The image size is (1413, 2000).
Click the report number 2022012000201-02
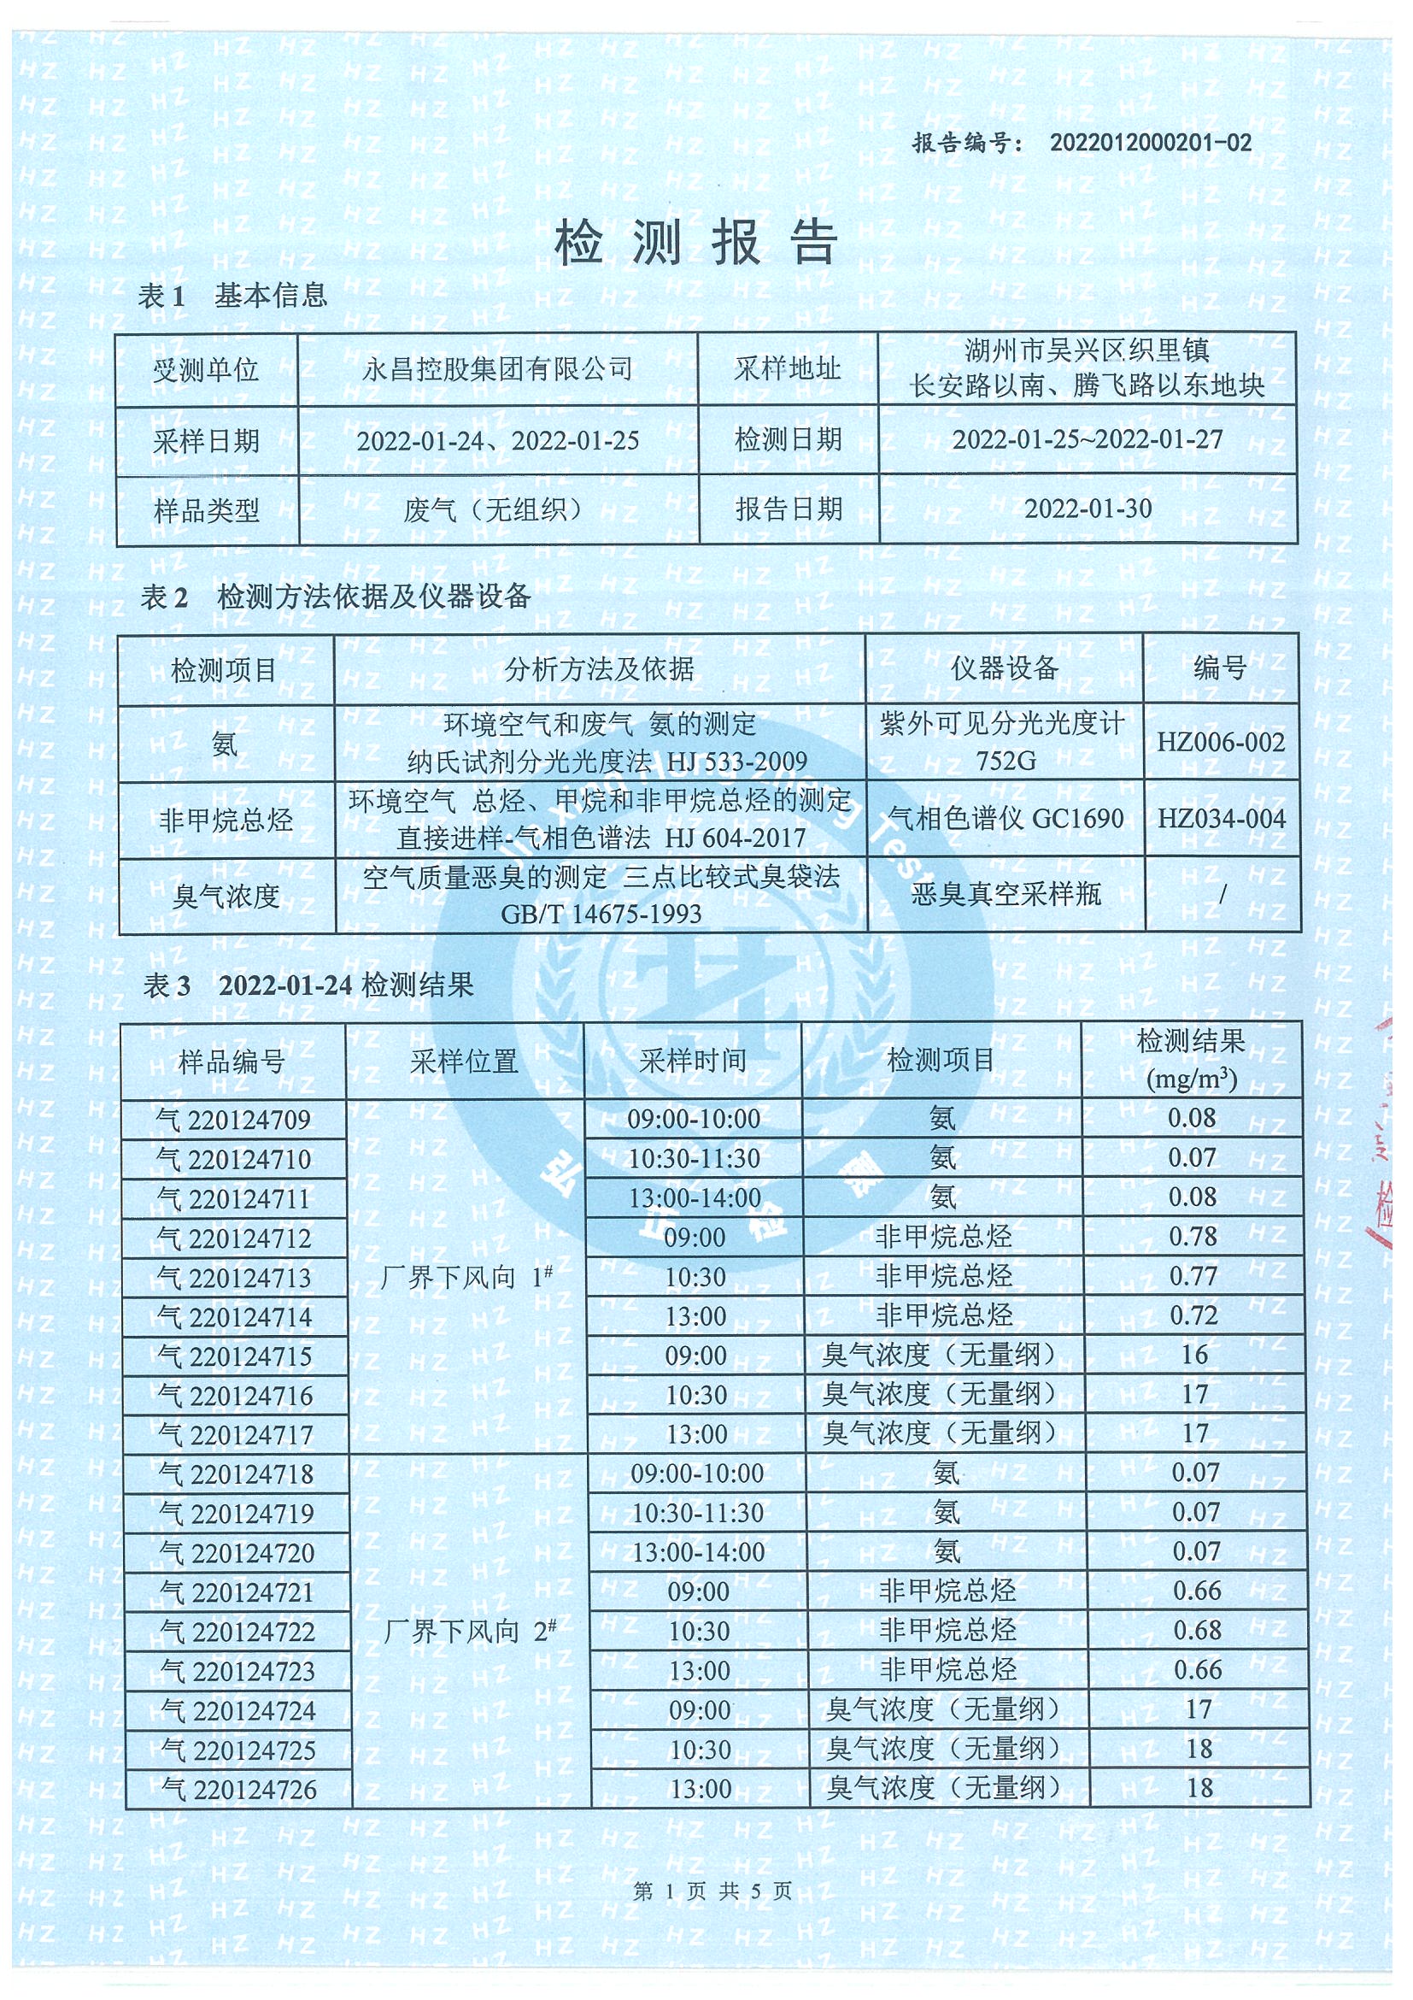(1150, 143)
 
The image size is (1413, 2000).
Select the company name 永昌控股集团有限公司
(497, 369)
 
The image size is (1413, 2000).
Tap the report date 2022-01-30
(1088, 509)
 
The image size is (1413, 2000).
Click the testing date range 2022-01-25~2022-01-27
(1088, 439)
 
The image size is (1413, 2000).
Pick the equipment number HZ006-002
(1221, 742)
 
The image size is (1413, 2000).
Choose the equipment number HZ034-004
(1221, 819)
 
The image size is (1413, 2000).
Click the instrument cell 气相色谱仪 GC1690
(1006, 819)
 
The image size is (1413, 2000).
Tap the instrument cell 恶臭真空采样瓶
(1006, 894)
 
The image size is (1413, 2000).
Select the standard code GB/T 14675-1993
(601, 914)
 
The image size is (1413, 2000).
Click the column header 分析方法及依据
(600, 669)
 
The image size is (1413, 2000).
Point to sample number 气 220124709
(233, 1120)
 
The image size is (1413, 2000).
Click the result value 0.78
(1193, 1236)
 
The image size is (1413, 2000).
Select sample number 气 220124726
(238, 1790)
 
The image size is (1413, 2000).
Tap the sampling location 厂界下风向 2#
(469, 1631)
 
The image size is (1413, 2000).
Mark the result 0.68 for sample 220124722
(1197, 1630)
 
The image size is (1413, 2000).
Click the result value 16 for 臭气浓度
(1194, 1355)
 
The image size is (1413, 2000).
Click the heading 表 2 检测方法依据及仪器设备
(335, 597)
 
